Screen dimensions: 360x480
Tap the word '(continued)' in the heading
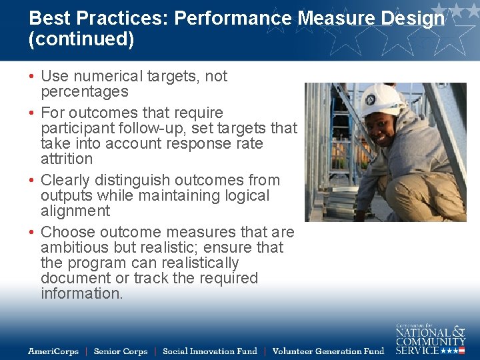tap(81, 39)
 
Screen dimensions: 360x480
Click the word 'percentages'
tap(85, 92)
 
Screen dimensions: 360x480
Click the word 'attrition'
tap(67, 159)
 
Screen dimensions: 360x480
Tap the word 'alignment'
tap(75, 211)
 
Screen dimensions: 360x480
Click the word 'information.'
tap(82, 294)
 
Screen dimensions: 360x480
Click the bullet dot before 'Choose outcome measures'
tap(32, 233)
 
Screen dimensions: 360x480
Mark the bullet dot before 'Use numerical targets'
tap(32, 77)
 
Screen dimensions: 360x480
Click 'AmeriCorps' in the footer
tap(53, 351)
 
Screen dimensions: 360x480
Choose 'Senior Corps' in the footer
tap(121, 351)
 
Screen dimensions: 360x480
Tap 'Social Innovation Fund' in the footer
tap(210, 351)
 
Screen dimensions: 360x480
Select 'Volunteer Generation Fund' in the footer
tap(329, 351)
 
